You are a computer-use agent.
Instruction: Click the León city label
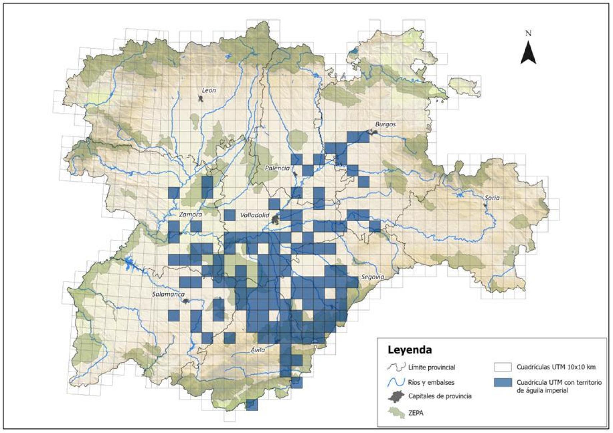(209, 90)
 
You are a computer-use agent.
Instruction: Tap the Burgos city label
(385, 124)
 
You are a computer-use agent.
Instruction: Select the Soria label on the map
(492, 198)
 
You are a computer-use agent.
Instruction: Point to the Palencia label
(277, 168)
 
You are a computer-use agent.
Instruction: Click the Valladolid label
(254, 215)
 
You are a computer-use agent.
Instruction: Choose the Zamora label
(190, 214)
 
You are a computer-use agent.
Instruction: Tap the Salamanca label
(168, 294)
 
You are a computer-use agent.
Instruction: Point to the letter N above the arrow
(528, 34)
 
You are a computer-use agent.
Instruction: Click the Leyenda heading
(409, 350)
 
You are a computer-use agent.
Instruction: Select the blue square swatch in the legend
(502, 383)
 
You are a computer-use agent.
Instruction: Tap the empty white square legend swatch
(502, 367)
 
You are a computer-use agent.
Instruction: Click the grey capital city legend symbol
(397, 396)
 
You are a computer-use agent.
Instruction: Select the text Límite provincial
(432, 367)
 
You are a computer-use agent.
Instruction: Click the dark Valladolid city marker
(276, 219)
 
